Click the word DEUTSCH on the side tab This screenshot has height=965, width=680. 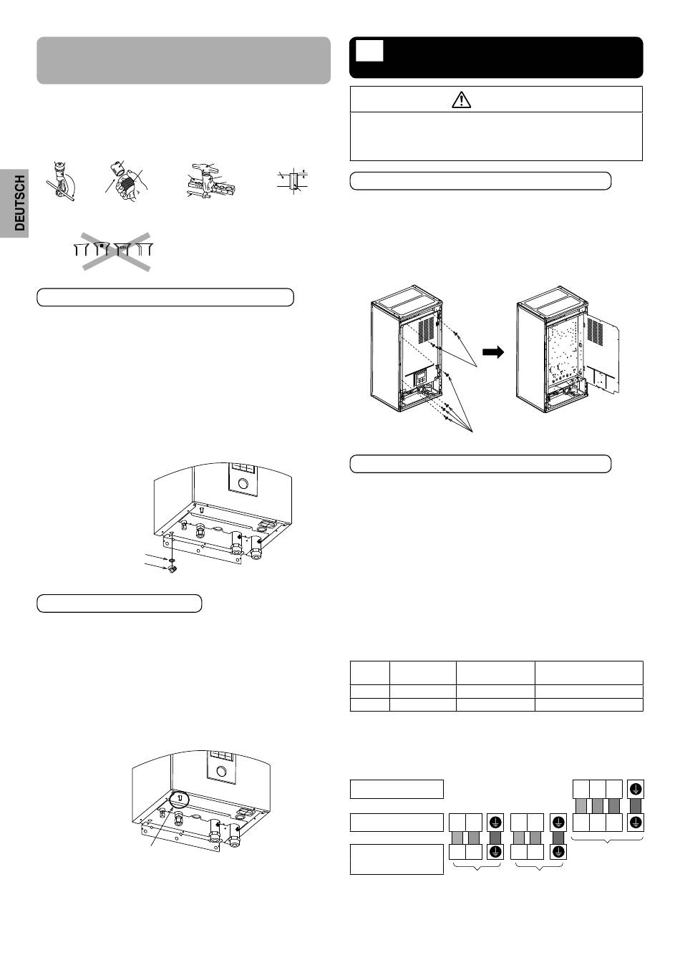[19, 203]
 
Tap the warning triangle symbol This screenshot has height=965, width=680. [462, 100]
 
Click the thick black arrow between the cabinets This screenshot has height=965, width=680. [493, 352]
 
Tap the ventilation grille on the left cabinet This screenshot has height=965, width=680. [427, 329]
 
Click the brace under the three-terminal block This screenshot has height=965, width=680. [608, 838]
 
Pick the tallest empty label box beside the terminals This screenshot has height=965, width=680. [397, 859]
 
